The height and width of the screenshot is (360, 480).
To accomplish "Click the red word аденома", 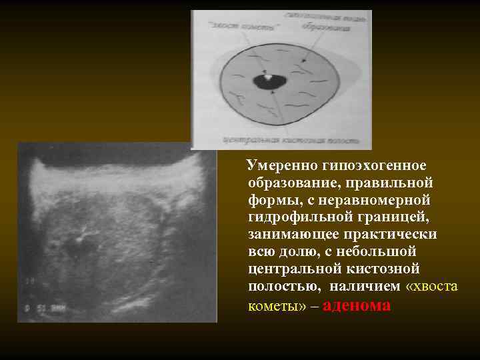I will click(x=357, y=305).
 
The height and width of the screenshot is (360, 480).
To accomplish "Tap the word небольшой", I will click(x=377, y=251).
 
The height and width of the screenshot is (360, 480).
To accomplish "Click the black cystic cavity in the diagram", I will click(x=270, y=83).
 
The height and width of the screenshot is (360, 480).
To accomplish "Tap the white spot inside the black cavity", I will click(x=268, y=77).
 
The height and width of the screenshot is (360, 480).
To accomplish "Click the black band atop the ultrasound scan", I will click(x=113, y=155).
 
